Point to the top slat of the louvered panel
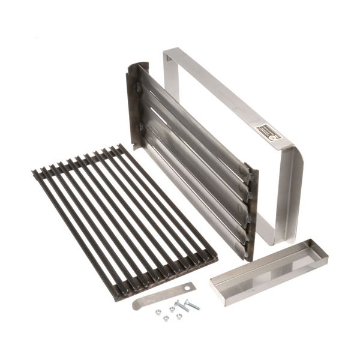click(x=192, y=114)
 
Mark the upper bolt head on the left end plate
click(x=139, y=88)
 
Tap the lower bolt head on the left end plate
click(x=141, y=128)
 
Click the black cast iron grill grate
click(x=120, y=222)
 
